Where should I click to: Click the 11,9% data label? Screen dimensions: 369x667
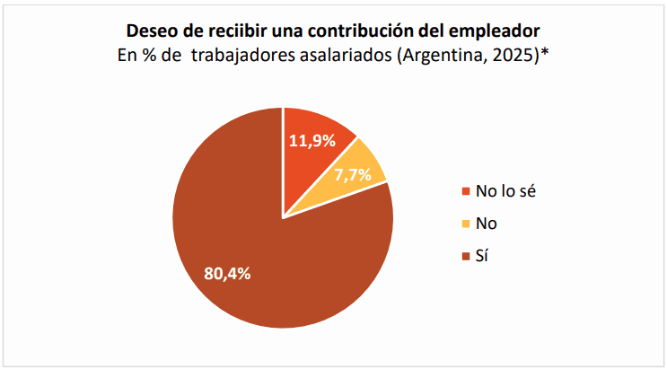312,140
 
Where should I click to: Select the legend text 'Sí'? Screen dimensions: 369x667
483,257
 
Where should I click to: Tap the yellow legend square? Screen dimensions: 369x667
465,224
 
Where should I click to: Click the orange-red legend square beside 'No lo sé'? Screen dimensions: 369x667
465,191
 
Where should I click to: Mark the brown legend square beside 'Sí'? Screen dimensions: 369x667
465,258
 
